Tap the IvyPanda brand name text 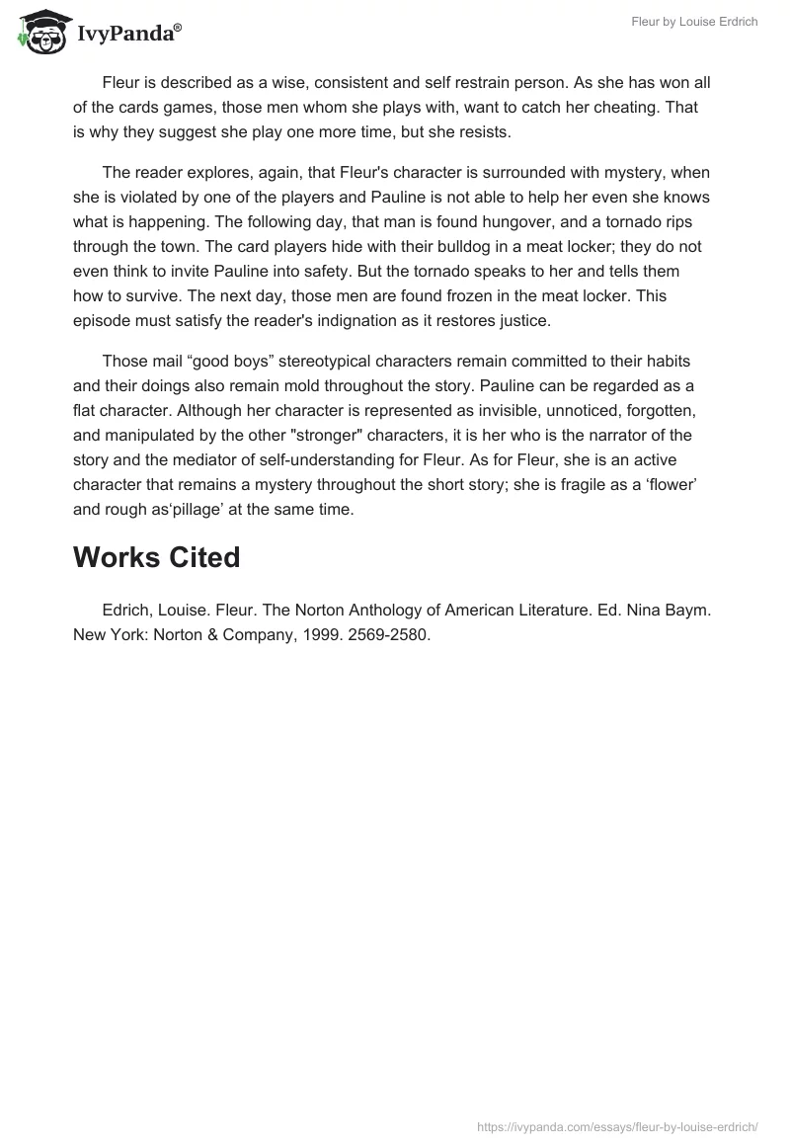click(128, 35)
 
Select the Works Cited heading click(156, 557)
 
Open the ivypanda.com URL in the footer click(617, 1125)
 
